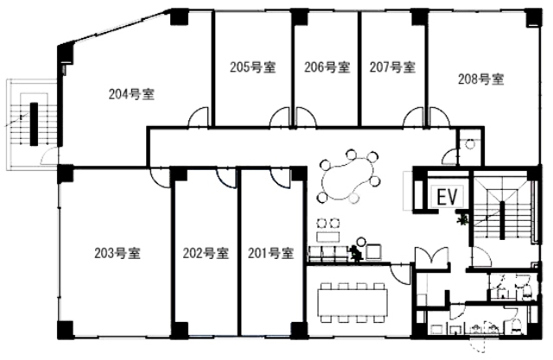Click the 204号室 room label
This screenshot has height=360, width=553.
pos(131,94)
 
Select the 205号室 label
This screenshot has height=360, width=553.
pos(252,67)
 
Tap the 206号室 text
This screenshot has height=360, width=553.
pos(327,67)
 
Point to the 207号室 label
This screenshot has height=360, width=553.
pos(392,67)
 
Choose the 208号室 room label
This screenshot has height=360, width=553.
pos(480,79)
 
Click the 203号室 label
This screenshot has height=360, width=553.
pos(118,253)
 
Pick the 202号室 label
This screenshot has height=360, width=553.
pos(206,253)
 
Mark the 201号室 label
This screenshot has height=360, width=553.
pos(270,253)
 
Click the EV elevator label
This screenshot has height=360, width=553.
pos(447,197)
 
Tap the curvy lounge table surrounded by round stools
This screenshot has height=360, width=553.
pos(347,178)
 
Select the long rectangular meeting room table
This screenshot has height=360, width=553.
pos(353,302)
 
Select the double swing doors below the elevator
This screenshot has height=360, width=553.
pos(431,256)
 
